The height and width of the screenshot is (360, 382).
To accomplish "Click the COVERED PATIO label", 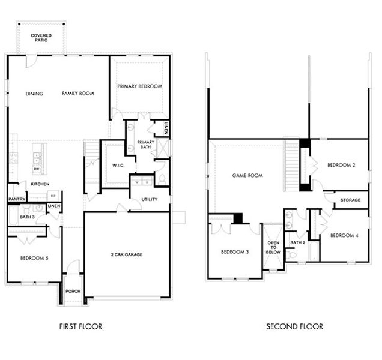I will click(41, 38).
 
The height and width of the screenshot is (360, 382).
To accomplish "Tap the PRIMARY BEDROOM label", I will click(139, 86).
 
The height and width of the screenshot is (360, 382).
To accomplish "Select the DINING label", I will click(34, 94).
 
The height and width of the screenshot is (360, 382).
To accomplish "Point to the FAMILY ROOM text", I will click(78, 94).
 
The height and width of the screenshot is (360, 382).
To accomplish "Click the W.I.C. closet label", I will click(118, 166).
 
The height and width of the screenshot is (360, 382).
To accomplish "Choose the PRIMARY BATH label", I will click(147, 145).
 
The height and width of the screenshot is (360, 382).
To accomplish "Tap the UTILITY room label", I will click(150, 199).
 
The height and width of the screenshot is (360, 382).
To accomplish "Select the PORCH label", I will click(73, 292).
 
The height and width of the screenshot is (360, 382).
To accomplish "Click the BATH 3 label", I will click(26, 217).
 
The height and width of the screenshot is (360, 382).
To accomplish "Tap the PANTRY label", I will click(16, 199).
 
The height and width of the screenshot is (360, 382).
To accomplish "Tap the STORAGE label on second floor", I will click(350, 200).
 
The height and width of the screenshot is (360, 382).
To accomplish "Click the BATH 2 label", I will click(298, 242).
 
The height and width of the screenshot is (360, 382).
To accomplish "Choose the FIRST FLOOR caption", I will click(80, 327).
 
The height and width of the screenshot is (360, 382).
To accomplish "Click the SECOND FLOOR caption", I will click(294, 327).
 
